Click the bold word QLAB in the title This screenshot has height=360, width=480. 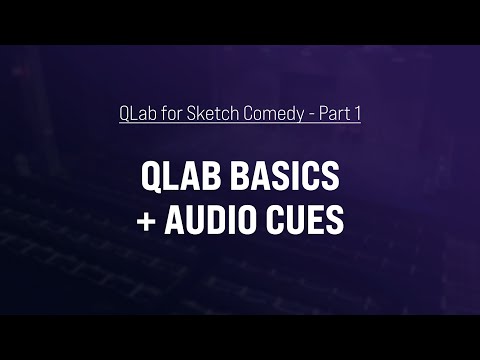[x=174, y=178]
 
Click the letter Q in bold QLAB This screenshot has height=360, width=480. [x=150, y=178]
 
